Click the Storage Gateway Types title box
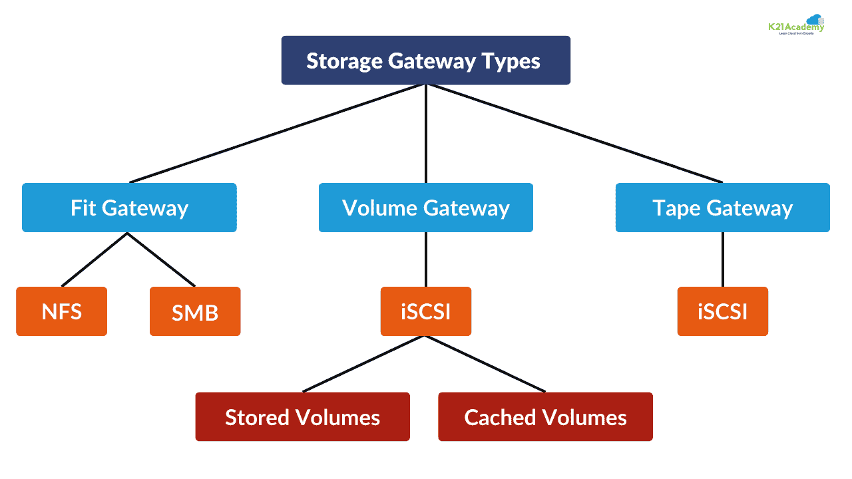pyautogui.click(x=426, y=61)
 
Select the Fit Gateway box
pyautogui.click(x=129, y=208)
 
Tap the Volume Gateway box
pyautogui.click(x=426, y=208)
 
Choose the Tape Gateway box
pyautogui.click(x=722, y=208)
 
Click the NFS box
pyautogui.click(x=61, y=311)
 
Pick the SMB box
pyautogui.click(x=195, y=311)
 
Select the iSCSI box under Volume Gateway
pyautogui.click(x=426, y=311)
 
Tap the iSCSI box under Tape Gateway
pyautogui.click(x=722, y=311)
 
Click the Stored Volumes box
pyautogui.click(x=302, y=417)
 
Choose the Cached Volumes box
pyautogui.click(x=545, y=417)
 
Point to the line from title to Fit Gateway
pyautogui.click(x=278, y=133)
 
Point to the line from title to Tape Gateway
pyautogui.click(x=574, y=133)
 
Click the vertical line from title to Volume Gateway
pyautogui.click(x=426, y=133)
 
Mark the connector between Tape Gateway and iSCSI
pyautogui.click(x=722, y=259)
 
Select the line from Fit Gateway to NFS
pyautogui.click(x=95, y=259)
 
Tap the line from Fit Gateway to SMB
pyautogui.click(x=161, y=259)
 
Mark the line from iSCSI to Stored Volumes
pyautogui.click(x=364, y=364)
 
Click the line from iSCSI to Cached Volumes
pyautogui.click(x=486, y=364)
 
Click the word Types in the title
pyautogui.click(x=512, y=61)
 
